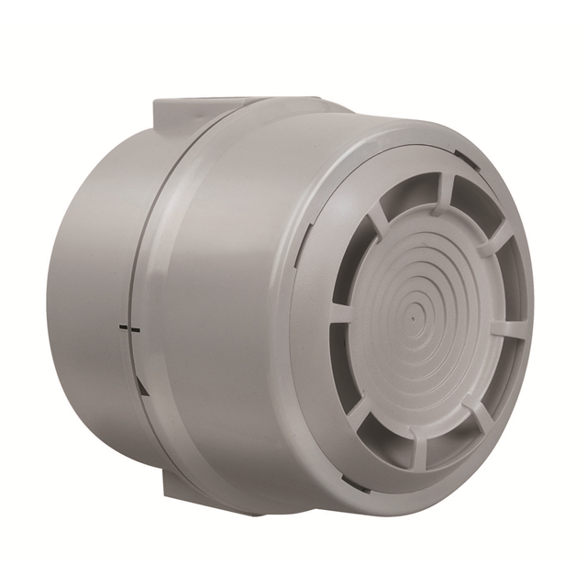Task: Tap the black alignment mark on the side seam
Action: (128, 327)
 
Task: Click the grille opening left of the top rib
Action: (404, 194)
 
